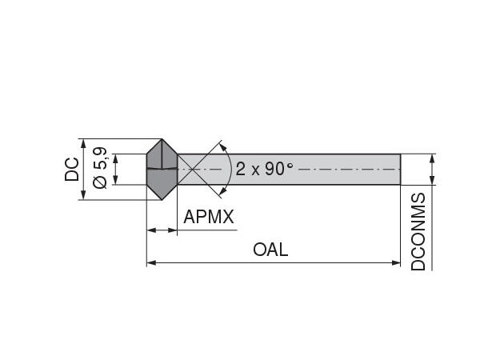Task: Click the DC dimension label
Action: pos(72,170)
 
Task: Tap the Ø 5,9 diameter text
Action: pos(100,169)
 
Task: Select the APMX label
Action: pos(210,218)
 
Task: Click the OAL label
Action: pos(270,250)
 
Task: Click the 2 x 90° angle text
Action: pos(265,170)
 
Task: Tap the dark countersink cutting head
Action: pos(162,170)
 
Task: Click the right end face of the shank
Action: pos(400,170)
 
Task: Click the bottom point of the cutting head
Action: pos(162,200)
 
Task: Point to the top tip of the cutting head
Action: pos(162,139)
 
